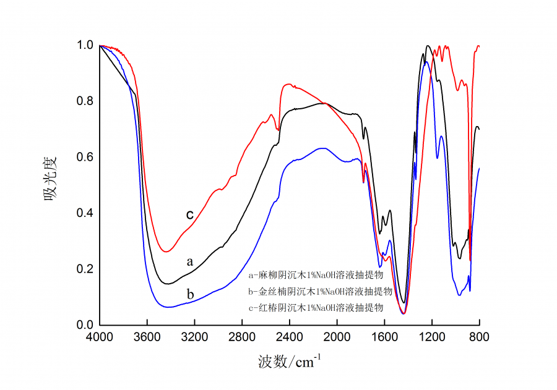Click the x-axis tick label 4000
coord(100,337)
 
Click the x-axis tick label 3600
coord(147,337)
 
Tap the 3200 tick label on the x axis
coord(194,337)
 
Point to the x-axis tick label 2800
coord(242,337)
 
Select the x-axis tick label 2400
coord(290,337)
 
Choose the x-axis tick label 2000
coord(337,337)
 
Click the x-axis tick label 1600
coord(384,337)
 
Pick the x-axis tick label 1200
coord(432,337)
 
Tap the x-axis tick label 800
coord(479,337)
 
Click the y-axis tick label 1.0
coord(85,45)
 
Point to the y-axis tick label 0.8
coord(85,101)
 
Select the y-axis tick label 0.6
coord(85,157)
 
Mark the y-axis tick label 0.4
coord(85,213)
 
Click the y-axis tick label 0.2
coord(85,269)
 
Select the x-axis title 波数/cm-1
coord(289,362)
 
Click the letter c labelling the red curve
coord(190,214)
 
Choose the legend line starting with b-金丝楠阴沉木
coord(320,291)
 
